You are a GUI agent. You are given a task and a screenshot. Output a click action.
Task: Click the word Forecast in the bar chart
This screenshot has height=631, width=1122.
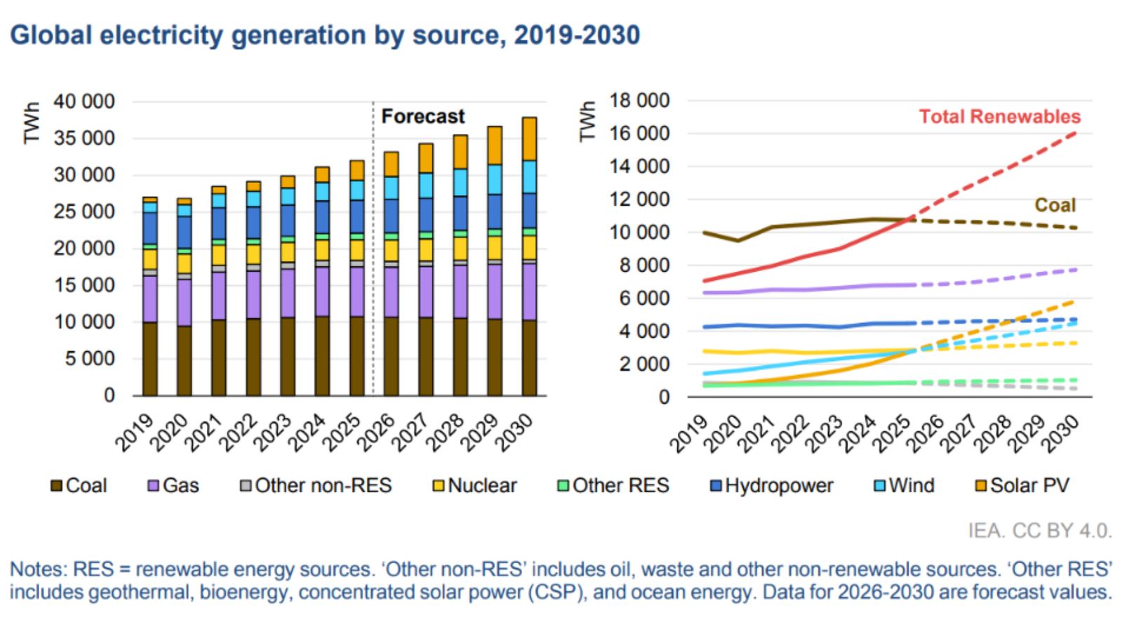[x=422, y=116]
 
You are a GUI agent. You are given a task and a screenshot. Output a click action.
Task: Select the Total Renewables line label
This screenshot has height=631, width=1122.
[x=999, y=116]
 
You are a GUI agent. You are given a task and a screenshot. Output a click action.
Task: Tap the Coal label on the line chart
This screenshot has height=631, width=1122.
[x=1055, y=205]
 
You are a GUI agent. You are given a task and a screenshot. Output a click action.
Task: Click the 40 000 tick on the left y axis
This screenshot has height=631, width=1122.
[x=83, y=102]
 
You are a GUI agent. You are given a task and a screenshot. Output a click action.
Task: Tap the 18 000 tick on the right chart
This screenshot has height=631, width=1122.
[x=639, y=100]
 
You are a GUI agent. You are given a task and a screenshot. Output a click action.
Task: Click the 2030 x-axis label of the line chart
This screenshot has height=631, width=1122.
[x=1060, y=433]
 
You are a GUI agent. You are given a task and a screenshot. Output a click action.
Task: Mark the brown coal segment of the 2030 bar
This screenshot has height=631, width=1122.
[x=529, y=358]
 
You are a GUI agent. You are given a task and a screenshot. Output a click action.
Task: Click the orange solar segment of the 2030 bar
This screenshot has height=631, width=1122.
[x=529, y=139]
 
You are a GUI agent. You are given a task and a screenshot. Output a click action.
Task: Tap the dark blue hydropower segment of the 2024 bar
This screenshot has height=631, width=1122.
[x=322, y=217]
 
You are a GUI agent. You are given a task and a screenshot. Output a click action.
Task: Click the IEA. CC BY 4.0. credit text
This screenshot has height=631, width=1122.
[x=1039, y=531]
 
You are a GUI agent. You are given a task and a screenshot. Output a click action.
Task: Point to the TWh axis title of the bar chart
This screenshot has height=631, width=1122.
[x=31, y=123]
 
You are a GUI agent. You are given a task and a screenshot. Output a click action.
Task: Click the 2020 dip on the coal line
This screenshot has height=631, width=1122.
[x=737, y=240]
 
